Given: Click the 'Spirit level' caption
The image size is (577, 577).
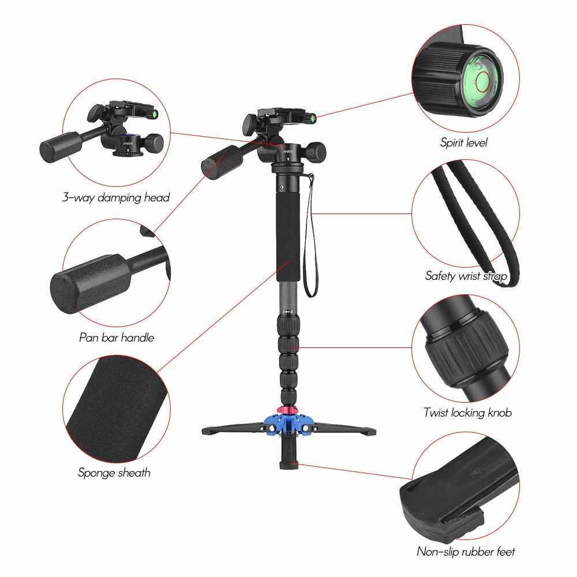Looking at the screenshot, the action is (x=464, y=143).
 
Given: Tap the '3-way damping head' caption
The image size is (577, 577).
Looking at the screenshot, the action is (x=115, y=197).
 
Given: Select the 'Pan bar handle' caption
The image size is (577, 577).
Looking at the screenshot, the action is (x=117, y=338).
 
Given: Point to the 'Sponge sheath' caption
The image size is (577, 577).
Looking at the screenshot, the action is (x=114, y=473).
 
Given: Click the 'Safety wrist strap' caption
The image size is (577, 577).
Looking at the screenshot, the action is (x=466, y=276).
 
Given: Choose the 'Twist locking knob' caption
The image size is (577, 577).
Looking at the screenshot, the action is (x=467, y=413).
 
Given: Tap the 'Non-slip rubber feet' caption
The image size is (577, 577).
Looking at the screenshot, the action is (x=466, y=551).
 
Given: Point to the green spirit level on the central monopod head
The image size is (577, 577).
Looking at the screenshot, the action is (x=313, y=118).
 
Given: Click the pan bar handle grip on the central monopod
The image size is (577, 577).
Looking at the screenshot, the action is (x=222, y=162).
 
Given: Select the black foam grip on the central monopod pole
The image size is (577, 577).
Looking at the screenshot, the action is (x=288, y=235).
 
